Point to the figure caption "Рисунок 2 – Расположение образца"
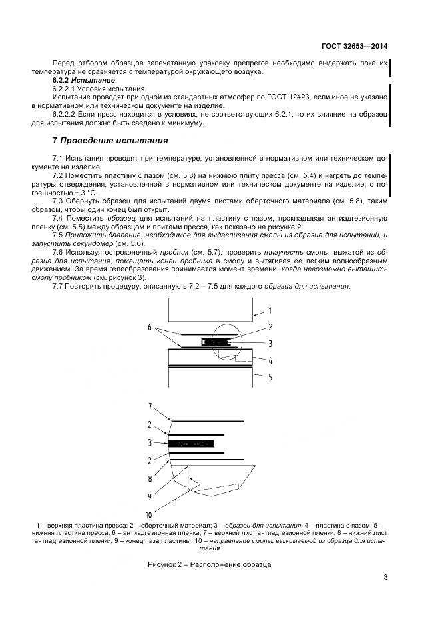210,565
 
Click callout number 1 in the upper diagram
270,311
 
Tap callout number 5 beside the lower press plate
270,377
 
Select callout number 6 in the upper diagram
150,328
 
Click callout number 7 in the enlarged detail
150,406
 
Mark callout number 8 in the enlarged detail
150,478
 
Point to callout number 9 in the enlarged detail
150,496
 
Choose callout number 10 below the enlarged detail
149,515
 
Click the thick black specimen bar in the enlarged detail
192,442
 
